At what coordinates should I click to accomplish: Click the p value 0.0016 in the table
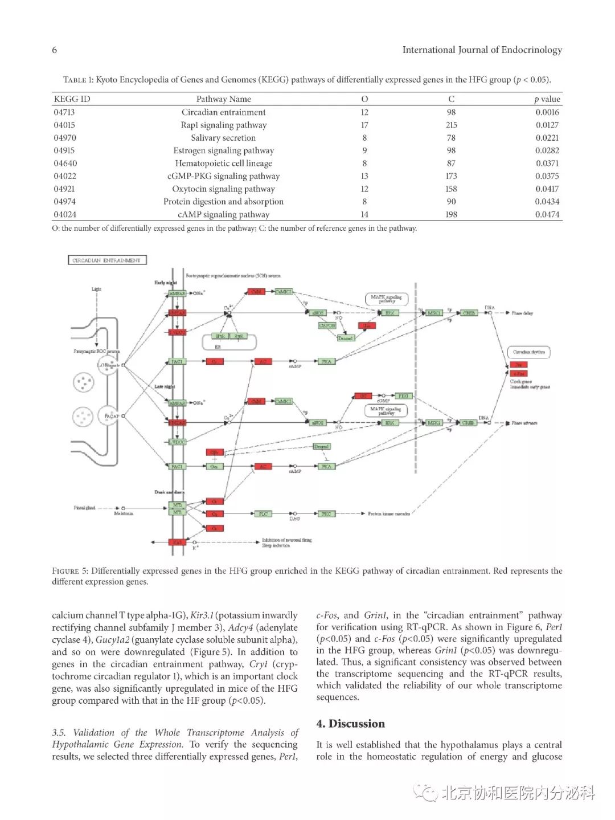coord(547,112)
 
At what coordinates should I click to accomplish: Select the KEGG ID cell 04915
coord(64,150)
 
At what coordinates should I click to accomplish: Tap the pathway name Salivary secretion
coord(223,138)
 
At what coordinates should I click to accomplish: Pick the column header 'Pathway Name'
coord(223,99)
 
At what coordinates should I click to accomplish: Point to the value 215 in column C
coord(451,125)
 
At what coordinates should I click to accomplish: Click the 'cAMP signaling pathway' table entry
coord(223,214)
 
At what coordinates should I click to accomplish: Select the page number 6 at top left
coord(55,50)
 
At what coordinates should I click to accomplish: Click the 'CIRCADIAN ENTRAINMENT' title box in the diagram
coord(107,260)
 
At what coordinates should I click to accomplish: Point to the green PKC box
coord(326,513)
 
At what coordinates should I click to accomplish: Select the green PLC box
coord(263,513)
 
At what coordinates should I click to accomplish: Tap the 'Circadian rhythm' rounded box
coord(528,352)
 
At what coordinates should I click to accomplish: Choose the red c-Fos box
coord(518,373)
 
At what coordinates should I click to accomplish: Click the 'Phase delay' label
coord(522,313)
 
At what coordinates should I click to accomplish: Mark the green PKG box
coord(403,395)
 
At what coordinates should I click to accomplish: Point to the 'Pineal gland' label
coord(84,508)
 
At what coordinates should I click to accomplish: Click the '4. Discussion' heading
coord(350,724)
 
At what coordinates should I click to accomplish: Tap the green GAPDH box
coord(327,325)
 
